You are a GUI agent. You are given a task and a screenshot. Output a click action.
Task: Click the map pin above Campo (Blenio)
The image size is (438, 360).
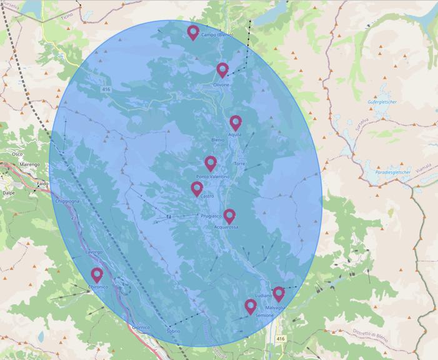(x=193, y=32)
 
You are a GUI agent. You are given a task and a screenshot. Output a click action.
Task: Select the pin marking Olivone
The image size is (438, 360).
(x=222, y=69)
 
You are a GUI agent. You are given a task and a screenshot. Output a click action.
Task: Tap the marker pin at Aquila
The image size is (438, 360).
(x=235, y=122)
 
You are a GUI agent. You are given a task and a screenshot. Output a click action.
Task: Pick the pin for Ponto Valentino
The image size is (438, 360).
(x=211, y=163)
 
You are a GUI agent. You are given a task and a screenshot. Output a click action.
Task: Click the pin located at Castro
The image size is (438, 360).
(x=197, y=188)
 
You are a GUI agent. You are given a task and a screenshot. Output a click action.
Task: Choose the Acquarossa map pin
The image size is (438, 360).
(x=229, y=216)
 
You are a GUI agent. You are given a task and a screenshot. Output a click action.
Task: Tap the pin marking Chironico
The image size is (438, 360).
(x=97, y=274)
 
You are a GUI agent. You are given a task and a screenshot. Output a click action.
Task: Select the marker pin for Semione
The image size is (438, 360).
(x=251, y=306)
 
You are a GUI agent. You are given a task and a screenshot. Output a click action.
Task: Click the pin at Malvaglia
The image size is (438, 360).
(x=279, y=293)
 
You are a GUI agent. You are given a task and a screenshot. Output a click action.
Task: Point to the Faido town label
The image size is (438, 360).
(x=42, y=184)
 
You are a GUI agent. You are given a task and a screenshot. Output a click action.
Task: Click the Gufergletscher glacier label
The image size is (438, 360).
(x=383, y=101)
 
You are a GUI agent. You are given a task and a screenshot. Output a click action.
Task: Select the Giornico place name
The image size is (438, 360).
(x=141, y=327)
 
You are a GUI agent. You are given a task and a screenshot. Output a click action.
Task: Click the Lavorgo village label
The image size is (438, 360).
(x=94, y=252)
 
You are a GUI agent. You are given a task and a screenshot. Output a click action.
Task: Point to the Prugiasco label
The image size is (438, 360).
(x=211, y=216)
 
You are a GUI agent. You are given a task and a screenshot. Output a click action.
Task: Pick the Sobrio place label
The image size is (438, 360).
(x=174, y=331)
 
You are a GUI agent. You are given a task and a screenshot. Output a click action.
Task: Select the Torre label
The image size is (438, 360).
(x=239, y=164)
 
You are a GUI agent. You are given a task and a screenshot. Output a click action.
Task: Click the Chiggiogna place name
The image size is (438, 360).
(x=67, y=201)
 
